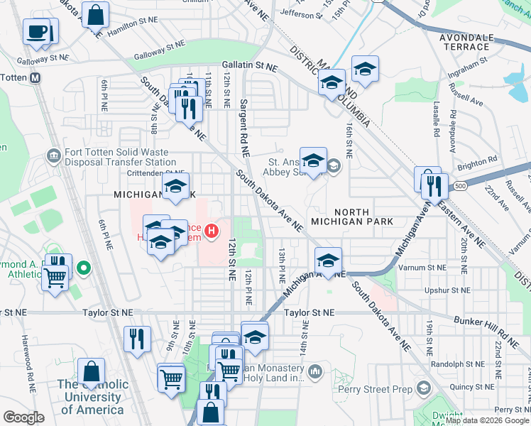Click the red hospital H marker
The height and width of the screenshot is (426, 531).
pos(211,231)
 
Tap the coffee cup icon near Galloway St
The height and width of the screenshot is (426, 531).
pos(36,32)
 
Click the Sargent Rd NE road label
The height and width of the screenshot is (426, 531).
pos(243,128)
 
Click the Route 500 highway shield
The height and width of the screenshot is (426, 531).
pos(460,186)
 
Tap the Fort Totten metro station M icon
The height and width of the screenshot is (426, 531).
pos(34,77)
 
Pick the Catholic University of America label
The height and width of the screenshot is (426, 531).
pos(94,397)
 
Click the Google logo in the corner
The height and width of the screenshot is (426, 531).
pos(23,417)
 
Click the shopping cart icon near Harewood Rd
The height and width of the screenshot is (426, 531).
pos(55,278)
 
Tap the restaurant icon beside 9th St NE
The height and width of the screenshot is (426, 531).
pos(136,339)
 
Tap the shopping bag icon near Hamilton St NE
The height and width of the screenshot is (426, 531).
pos(94,14)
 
